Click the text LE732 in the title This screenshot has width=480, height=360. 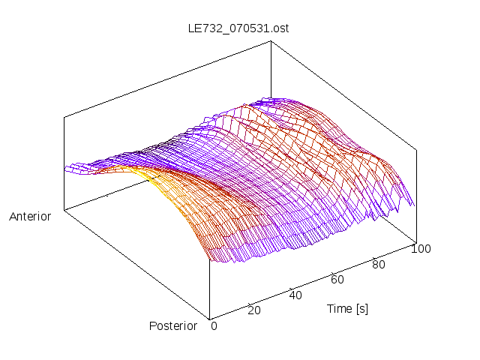(203, 28)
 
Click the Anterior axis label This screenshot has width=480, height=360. (30, 217)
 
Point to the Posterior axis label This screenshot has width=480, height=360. (173, 325)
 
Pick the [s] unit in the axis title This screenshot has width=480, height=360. (361, 308)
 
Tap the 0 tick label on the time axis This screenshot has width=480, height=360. (214, 325)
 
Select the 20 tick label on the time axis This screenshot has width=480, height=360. (253, 310)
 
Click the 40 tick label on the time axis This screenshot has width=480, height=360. (295, 295)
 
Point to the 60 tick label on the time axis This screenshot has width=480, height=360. (337, 279)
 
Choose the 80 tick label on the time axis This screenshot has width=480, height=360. (379, 264)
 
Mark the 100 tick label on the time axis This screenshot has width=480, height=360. (421, 249)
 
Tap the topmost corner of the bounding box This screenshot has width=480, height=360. (271, 40)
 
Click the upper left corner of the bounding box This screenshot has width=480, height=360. (64, 117)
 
